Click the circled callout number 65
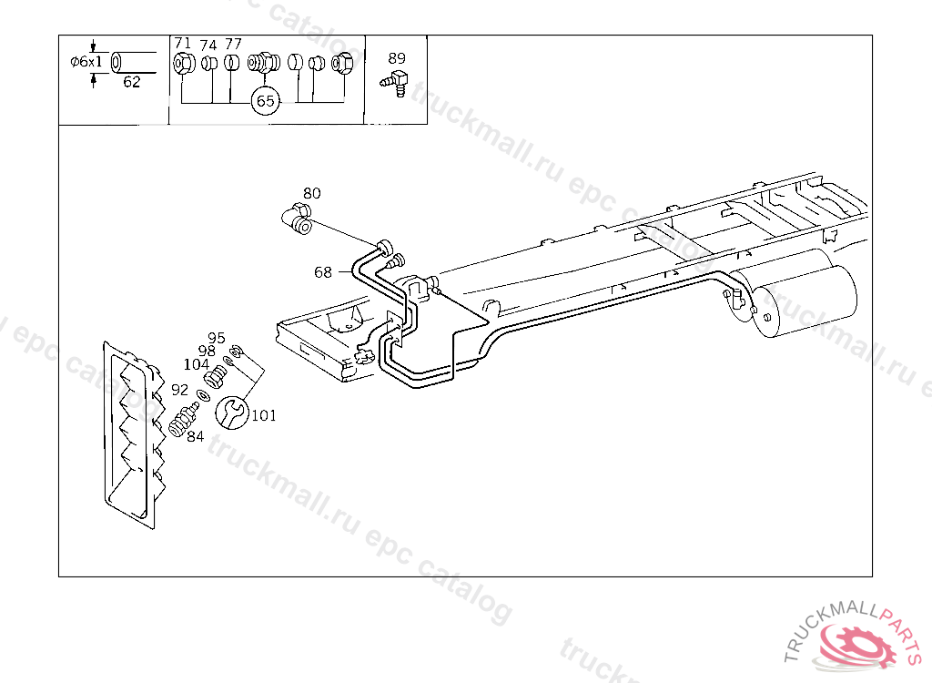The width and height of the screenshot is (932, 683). coord(265,101)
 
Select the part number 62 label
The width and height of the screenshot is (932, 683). coord(132,82)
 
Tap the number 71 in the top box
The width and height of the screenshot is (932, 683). coord(183,44)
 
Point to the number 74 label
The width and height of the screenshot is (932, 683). coord(208,44)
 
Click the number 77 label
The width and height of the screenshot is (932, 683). coord(233,44)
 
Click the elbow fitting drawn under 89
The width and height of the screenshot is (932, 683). coord(395,81)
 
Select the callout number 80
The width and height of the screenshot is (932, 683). coord(312,193)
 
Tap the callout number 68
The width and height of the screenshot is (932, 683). coord(323,271)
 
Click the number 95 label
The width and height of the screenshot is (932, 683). coord(216,338)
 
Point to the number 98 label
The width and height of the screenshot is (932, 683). coord(207,351)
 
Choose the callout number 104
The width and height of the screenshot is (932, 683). coord(197,363)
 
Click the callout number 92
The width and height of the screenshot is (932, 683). coord(179,390)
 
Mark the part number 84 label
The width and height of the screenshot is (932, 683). coord(196,435)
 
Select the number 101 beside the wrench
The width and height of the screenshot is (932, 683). coord(264,416)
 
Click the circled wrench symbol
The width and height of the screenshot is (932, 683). coord(231,412)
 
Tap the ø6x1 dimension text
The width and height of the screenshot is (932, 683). coord(86,62)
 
